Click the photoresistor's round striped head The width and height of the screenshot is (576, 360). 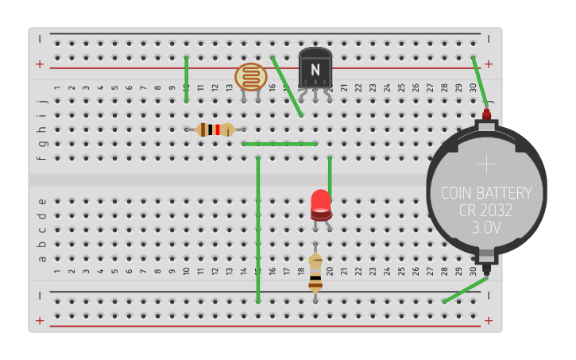tap(251, 77)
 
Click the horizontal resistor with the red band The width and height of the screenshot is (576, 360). tap(215, 130)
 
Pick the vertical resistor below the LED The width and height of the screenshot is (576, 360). tap(315, 271)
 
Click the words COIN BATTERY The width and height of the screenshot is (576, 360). tap(486, 193)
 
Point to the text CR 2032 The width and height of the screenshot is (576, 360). tap(486, 211)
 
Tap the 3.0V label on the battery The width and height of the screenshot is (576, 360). tap(486, 228)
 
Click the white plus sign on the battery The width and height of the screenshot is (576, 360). tap(486, 165)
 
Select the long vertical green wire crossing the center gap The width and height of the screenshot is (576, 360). tap(258, 230)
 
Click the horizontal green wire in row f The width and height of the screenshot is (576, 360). tap(280, 144)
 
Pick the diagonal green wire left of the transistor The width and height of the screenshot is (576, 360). tap(287, 87)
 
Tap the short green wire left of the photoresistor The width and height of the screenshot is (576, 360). tap(187, 79)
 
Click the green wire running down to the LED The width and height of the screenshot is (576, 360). tap(330, 175)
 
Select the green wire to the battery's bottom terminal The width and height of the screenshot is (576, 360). tap(466, 289)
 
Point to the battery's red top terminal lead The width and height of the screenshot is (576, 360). tap(486, 114)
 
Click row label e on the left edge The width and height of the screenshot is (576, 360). tap(43, 201)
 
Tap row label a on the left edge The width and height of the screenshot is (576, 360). tap(43, 258)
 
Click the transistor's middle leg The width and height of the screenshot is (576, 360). tap(315, 96)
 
